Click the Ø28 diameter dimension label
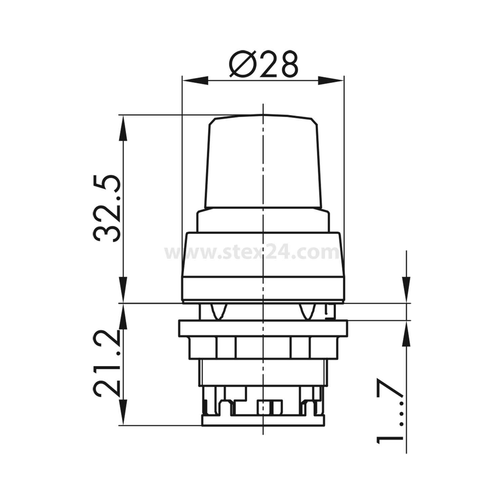pos(263,65)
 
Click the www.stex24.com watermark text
pos(252,253)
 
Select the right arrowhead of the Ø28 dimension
pos(331,80)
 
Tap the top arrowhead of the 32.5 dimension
pos(123,128)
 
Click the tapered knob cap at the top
pos(263,161)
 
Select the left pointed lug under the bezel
pos(218,311)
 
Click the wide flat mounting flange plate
pos(263,328)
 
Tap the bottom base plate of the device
pos(263,420)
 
